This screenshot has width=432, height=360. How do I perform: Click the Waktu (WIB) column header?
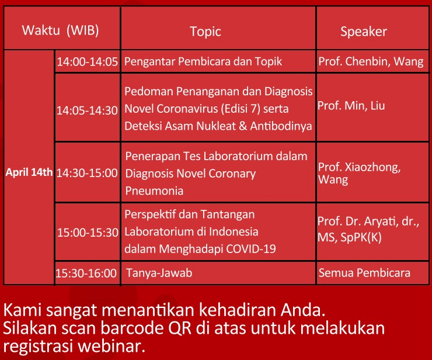click(60, 30)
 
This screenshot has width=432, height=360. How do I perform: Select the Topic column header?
click(205, 32)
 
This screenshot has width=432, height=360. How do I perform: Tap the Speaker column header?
click(364, 32)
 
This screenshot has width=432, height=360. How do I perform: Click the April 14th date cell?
click(29, 172)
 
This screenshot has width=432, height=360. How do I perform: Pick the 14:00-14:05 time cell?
click(88, 61)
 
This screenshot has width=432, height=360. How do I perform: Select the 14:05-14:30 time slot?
click(87, 110)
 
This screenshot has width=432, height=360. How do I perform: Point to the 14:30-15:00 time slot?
click(87, 173)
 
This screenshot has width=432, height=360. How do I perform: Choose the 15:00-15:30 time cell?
click(88, 233)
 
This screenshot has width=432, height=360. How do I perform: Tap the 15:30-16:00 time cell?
click(86, 273)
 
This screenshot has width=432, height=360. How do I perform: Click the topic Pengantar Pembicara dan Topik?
click(203, 61)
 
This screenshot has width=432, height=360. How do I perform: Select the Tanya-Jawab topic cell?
click(159, 273)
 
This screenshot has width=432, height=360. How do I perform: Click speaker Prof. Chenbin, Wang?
click(371, 61)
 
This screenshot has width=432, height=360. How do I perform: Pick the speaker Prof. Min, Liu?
click(351, 106)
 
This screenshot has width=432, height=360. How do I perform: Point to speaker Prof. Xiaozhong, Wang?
click(359, 173)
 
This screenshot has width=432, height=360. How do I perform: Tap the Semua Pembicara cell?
click(364, 272)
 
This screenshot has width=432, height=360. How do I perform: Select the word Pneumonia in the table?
click(154, 191)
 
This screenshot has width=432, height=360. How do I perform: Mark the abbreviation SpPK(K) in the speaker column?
click(361, 237)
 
